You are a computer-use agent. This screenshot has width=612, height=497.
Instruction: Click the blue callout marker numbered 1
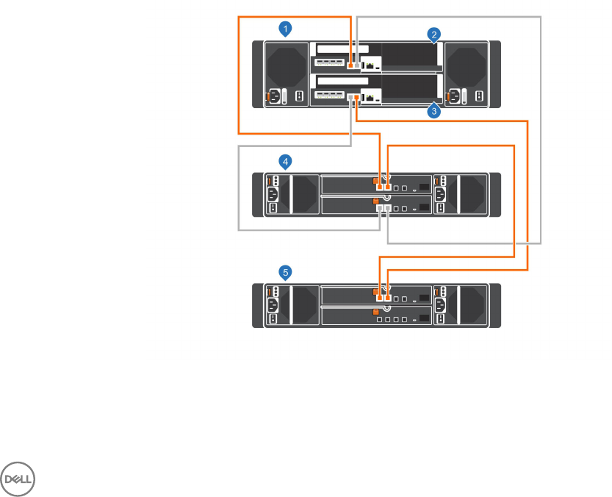287,29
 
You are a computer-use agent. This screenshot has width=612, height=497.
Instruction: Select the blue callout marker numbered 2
435,35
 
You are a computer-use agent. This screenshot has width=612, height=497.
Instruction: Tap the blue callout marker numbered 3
435,112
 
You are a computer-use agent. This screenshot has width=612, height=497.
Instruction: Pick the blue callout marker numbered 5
287,272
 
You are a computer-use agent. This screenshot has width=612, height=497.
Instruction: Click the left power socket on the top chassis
273,96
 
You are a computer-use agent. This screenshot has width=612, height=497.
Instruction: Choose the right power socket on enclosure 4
441,194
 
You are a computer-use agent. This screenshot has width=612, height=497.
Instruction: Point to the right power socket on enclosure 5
441,305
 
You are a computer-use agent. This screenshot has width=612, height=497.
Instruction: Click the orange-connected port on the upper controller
351,65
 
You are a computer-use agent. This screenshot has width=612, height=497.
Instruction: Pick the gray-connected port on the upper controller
358,65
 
